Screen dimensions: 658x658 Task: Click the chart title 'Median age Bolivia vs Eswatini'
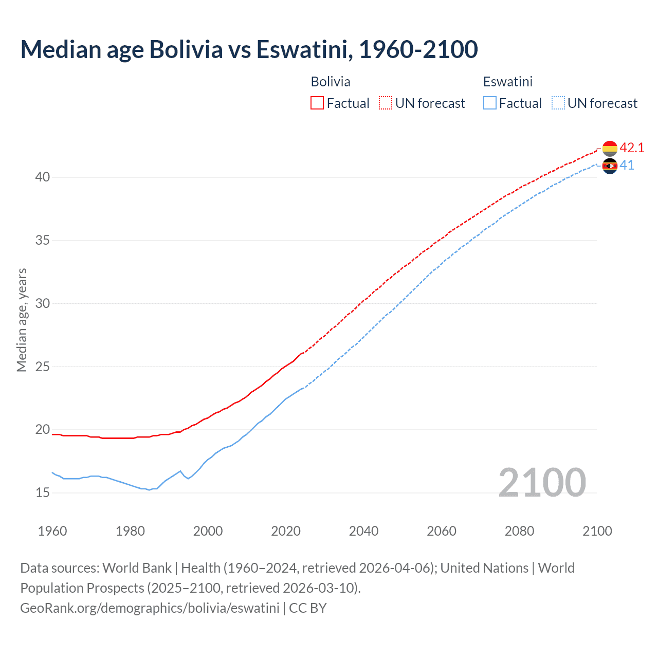249,49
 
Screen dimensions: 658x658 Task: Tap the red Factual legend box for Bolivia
317,103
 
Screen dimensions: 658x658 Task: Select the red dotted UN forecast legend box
386,103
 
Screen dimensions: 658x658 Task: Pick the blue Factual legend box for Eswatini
490,103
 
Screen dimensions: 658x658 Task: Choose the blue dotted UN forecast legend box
558,103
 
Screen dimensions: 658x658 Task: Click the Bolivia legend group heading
331,82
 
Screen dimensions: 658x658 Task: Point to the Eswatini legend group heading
507,82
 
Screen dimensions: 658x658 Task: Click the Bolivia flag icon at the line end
610,148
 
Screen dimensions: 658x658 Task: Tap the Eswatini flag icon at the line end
610,166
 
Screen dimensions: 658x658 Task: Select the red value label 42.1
632,148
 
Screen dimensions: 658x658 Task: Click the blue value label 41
627,166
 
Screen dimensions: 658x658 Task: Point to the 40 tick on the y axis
43,177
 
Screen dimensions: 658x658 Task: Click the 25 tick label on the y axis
43,367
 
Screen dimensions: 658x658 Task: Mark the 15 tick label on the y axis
43,493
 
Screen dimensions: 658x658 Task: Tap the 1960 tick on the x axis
52,531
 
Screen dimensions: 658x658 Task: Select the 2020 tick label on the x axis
286,531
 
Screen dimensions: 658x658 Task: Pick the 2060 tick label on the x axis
442,531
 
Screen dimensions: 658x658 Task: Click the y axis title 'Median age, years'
22,320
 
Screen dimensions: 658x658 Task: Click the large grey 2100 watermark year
542,483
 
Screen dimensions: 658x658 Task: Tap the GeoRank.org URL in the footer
150,608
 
